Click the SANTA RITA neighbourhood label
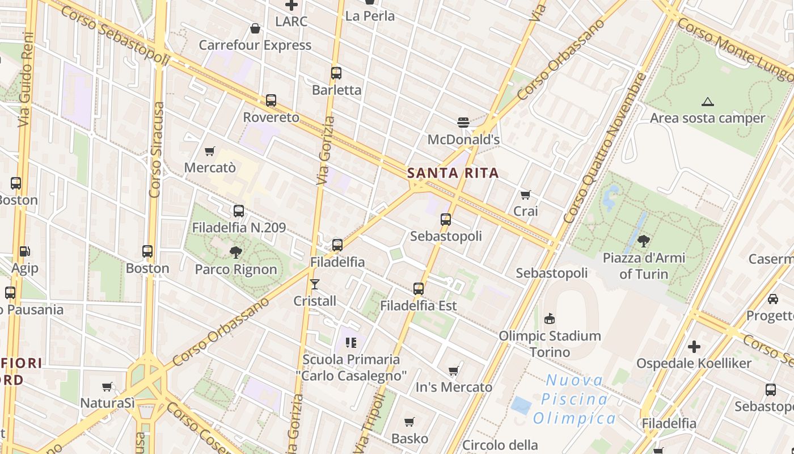coord(453,173)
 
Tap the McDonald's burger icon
coord(463,122)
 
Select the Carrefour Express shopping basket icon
coord(255,28)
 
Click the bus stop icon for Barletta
coord(336,73)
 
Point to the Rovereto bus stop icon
coord(271,100)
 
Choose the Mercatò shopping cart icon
coord(210,151)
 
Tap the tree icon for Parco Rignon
coord(236,252)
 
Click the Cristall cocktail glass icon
coord(315,284)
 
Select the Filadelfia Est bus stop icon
coord(419,289)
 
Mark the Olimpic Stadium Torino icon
coord(549,318)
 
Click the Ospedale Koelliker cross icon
coord(694,346)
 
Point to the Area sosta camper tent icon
coord(707,102)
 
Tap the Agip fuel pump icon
coord(24,251)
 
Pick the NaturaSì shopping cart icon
coord(107,386)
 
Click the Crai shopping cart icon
coord(526,195)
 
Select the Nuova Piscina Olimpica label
coord(575,399)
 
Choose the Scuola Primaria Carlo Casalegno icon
coord(351,342)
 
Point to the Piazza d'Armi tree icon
coord(644,241)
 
